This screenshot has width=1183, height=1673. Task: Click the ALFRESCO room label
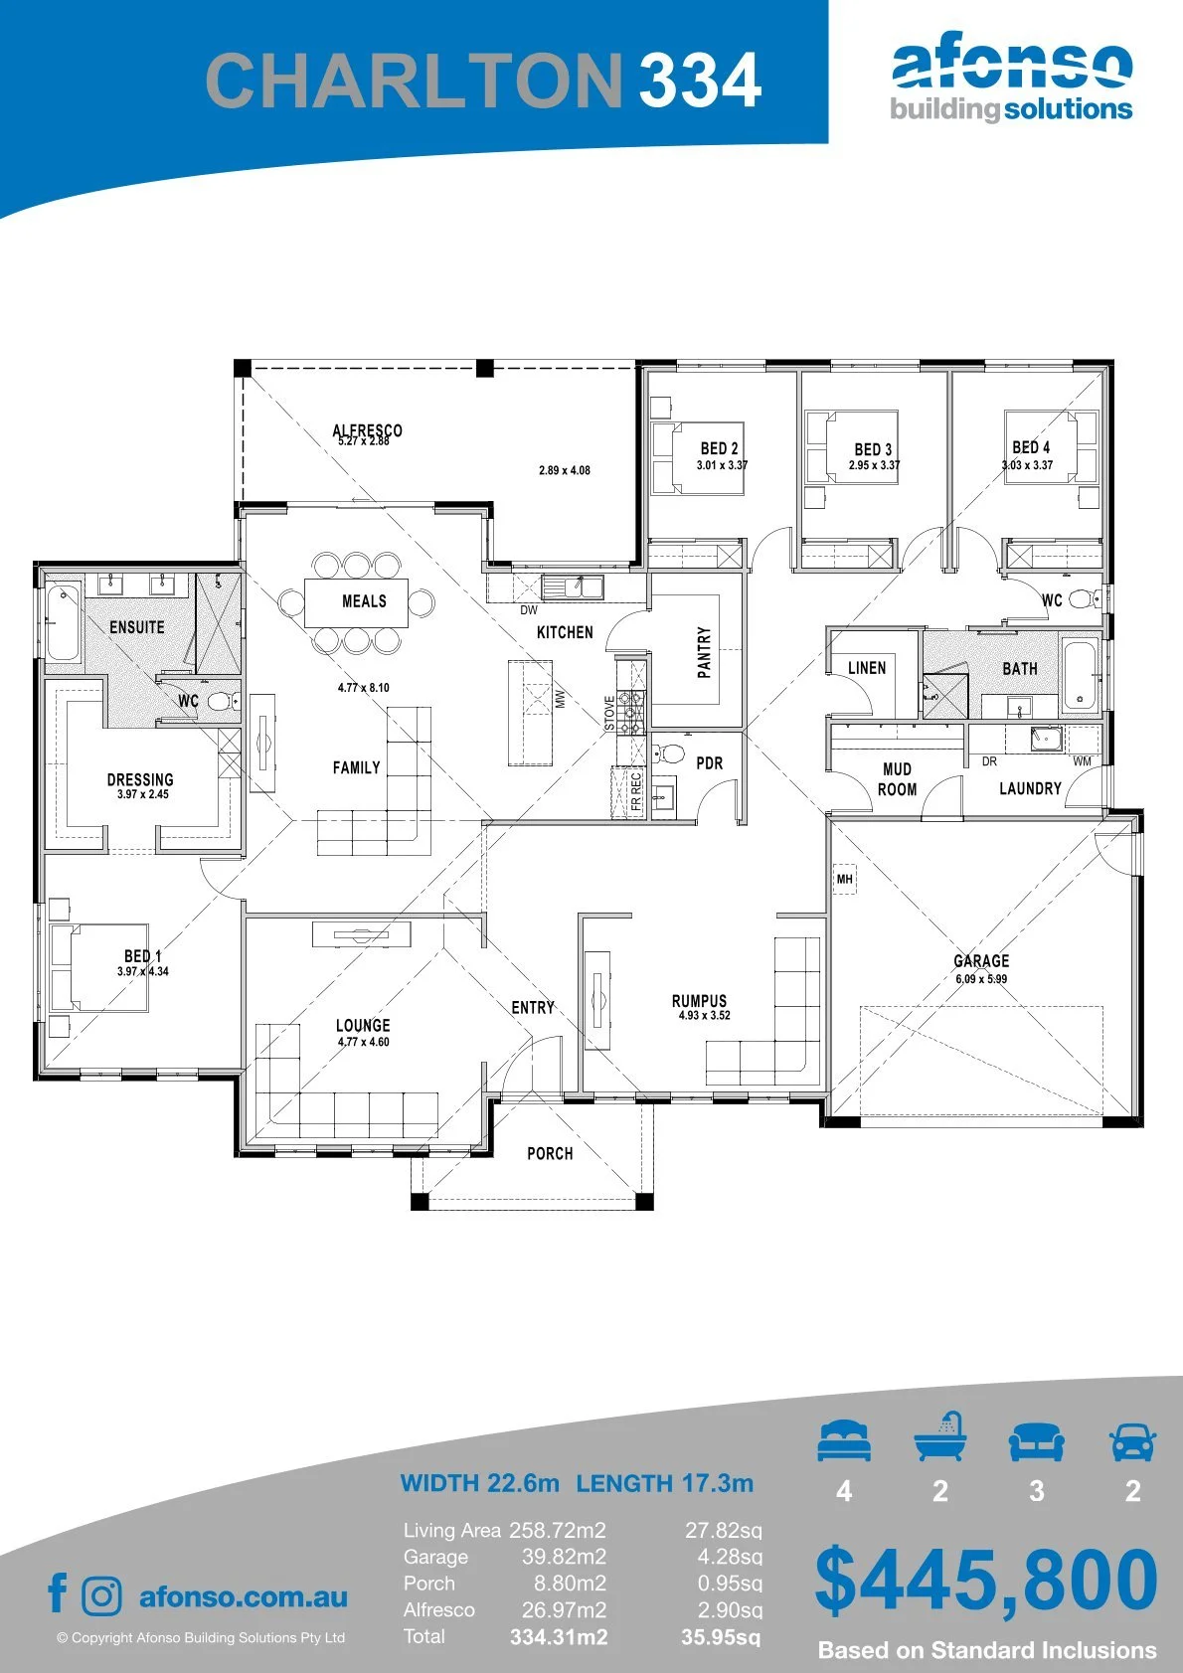click(x=367, y=430)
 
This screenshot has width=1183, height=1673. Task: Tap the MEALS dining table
click(x=356, y=602)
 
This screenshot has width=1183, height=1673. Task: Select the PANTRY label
click(x=704, y=652)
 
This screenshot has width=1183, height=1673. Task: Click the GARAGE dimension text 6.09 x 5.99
click(x=981, y=978)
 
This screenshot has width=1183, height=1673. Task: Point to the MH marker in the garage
click(x=845, y=879)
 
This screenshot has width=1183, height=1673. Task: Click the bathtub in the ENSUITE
click(x=64, y=623)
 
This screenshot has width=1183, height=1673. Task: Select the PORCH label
click(x=550, y=1154)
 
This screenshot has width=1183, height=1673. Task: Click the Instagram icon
click(x=101, y=1596)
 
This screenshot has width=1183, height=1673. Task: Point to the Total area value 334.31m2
click(x=559, y=1637)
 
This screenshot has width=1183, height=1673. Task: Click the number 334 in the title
click(x=700, y=80)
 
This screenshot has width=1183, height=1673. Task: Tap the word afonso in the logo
click(x=1012, y=64)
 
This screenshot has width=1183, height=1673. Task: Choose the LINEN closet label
click(x=866, y=668)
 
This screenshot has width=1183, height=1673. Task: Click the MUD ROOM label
click(x=897, y=779)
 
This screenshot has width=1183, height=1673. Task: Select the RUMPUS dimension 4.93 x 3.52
click(x=704, y=1015)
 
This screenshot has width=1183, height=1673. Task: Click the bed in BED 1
click(x=99, y=968)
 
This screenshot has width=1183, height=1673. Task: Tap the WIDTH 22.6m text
click(x=479, y=1482)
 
